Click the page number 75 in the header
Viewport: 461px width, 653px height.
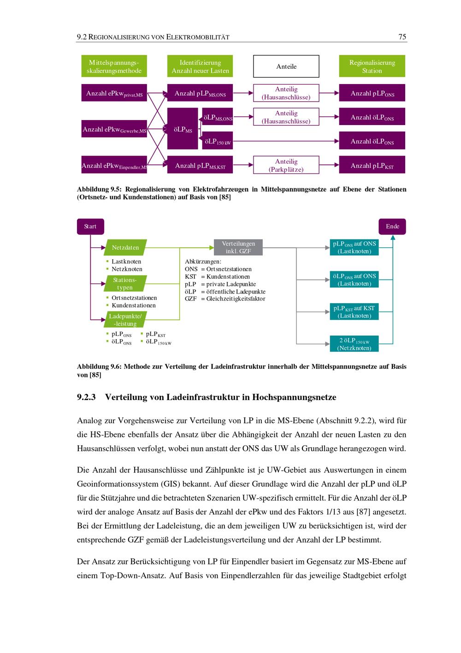[402, 37]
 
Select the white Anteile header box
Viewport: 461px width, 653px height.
[286, 66]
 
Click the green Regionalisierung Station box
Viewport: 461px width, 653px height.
[372, 66]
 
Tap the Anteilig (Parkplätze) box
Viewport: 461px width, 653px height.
[286, 165]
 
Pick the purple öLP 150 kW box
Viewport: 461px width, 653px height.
[217, 141]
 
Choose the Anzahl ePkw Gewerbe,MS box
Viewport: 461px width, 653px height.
[114, 129]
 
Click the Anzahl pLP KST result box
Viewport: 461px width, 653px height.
[372, 165]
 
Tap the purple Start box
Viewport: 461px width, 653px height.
[90, 227]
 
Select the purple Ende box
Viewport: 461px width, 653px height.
[392, 227]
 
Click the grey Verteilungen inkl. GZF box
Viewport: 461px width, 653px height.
[238, 247]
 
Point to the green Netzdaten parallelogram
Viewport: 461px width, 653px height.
[125, 247]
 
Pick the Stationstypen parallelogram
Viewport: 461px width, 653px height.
[125, 284]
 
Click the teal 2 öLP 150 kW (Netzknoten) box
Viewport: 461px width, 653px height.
[354, 344]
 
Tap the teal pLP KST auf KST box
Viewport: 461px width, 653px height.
[354, 312]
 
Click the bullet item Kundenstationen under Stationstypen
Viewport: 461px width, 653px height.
[134, 306]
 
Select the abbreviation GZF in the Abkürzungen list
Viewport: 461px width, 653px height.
[190, 299]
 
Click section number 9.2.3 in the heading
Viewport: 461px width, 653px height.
[86, 397]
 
